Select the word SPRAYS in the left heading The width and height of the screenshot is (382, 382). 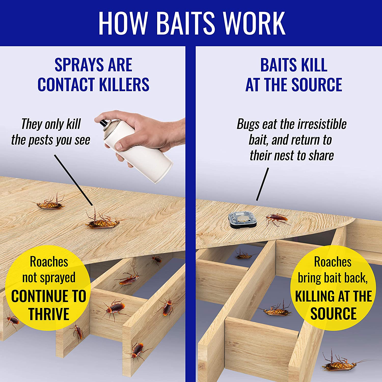coord(79,65)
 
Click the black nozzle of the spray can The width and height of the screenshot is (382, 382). coord(103,123)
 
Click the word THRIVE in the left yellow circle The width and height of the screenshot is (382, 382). coord(49,314)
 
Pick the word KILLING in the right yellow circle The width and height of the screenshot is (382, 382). coord(313,296)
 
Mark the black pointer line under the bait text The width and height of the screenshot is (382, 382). coord(263,184)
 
